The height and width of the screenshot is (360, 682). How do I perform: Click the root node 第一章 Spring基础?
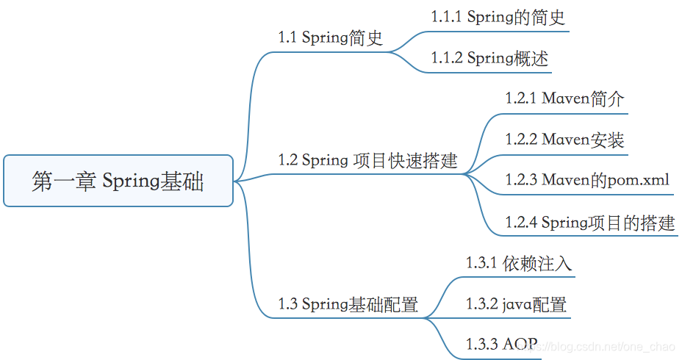118,181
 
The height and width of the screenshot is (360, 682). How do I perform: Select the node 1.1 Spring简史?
330,37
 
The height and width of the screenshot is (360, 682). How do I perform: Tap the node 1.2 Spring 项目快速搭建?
367,160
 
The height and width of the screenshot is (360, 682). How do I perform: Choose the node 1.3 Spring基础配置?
348,303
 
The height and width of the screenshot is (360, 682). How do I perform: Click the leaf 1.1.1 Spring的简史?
498,18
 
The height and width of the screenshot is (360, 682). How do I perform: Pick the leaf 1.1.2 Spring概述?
489,58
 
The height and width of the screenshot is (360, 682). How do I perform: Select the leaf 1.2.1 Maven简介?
564,98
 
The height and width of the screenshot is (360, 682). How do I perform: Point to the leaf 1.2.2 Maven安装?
564,140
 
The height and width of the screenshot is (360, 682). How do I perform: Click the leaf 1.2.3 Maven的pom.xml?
587,180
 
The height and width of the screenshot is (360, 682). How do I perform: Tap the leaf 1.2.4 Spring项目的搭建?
589,222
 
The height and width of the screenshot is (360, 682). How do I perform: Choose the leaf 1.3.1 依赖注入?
518,263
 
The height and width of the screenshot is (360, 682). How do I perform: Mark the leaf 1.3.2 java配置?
516,303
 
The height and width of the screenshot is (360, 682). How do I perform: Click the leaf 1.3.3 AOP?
501,344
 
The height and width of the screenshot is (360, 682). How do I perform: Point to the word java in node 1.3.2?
517,304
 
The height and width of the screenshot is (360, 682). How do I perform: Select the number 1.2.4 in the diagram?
520,222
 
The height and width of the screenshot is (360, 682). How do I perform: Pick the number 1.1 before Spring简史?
287,37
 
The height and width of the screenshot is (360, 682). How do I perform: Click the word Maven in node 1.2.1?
566,98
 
